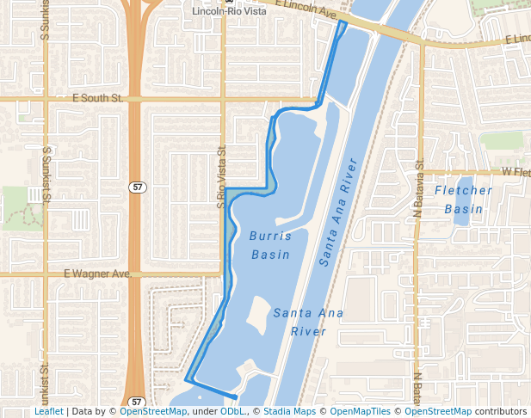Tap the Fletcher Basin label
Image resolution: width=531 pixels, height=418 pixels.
464,200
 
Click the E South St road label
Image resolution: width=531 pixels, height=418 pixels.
99,99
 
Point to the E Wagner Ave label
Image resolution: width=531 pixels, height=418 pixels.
96,274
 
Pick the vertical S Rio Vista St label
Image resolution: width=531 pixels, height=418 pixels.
221,176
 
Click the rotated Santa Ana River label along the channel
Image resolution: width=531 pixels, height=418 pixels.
337,212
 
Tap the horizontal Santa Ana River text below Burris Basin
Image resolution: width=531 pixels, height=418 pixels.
308,322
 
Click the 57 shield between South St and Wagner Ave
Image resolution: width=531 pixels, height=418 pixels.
136,187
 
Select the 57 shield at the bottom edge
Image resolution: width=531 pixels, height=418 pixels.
136,402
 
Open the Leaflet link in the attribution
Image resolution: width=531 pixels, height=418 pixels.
49,411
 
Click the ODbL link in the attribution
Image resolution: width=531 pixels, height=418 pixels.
232,411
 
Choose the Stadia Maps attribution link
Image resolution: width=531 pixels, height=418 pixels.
289,411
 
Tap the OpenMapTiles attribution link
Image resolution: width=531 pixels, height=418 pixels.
361,411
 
